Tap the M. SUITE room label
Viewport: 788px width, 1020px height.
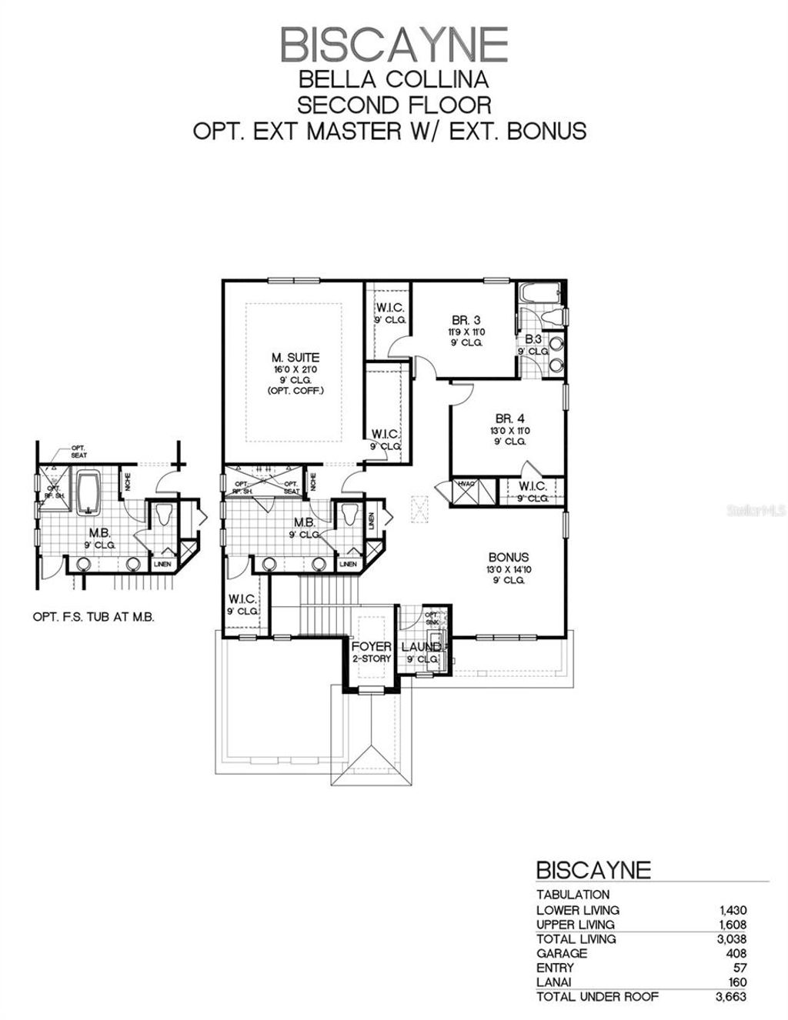tap(295, 357)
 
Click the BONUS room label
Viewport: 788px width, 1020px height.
tap(508, 557)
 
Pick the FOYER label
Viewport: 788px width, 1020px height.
tap(372, 647)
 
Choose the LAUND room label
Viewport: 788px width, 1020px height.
tap(421, 647)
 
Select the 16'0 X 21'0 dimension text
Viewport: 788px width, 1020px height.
tap(295, 369)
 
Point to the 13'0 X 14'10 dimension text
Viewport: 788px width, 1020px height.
tap(508, 569)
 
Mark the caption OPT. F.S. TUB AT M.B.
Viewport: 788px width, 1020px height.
tap(93, 617)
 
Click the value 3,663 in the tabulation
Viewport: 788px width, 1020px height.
tap(730, 997)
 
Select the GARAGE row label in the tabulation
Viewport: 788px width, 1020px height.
tap(562, 953)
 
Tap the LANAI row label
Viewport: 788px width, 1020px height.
tap(556, 982)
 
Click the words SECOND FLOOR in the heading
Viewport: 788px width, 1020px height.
tap(394, 104)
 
